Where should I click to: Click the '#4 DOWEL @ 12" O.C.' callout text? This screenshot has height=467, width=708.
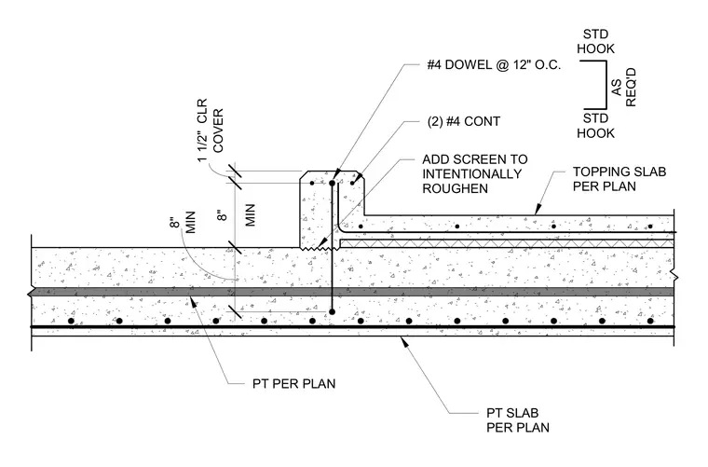tap(494, 65)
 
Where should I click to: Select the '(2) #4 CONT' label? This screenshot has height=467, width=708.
tap(464, 121)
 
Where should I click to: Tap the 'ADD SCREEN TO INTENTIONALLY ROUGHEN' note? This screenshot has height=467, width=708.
tap(474, 174)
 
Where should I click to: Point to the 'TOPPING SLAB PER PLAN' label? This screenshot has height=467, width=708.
tap(619, 179)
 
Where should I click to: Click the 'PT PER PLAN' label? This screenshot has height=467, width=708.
tap(294, 384)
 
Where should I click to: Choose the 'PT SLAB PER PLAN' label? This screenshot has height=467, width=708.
tap(517, 420)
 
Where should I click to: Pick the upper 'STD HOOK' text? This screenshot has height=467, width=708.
tap(595, 42)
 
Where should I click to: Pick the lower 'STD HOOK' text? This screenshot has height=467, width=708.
tap(595, 126)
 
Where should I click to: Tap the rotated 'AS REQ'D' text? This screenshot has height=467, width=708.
tap(624, 88)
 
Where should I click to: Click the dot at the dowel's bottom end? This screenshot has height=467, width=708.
tap(332, 311)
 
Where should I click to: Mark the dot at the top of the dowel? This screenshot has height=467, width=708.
tap(332, 184)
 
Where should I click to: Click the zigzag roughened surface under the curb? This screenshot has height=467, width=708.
tap(320, 248)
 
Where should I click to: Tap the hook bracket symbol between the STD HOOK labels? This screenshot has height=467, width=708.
tap(606, 85)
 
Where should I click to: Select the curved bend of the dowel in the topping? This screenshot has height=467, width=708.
tap(341, 229)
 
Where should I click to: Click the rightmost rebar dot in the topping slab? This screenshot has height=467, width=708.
tap(650, 227)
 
